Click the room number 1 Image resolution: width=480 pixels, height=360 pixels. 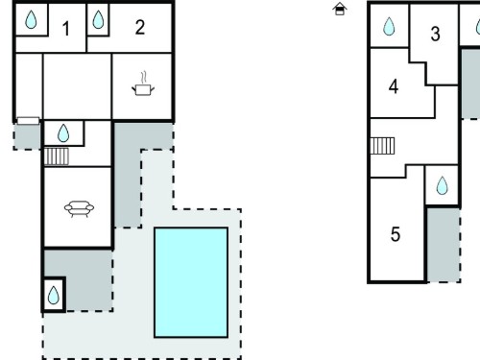66,29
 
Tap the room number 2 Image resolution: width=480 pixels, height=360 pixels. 140,27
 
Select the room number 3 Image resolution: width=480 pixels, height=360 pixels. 435,34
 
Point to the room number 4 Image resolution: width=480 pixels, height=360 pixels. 394,86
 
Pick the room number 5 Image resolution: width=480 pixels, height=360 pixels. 396,234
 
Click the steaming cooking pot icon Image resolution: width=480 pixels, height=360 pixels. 143,84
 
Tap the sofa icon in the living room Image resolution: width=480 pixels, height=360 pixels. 79,209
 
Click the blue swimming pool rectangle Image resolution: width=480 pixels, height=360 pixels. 191,282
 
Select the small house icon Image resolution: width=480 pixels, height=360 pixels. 340,9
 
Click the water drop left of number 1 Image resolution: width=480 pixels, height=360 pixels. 31,19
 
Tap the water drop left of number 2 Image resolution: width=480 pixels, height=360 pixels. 98,19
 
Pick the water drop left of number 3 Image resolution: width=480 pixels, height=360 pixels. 389,26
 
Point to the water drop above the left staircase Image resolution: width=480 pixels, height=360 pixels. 63,133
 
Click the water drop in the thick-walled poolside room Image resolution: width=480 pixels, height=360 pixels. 54,295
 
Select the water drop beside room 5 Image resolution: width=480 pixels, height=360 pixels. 443,185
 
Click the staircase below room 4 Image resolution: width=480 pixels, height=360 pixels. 382,146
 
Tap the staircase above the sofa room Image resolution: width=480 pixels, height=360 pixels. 57,156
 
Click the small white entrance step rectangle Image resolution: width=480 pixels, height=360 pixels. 28,121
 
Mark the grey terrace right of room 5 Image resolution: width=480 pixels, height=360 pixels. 444,245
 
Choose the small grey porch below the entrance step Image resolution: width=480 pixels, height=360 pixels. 27,136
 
